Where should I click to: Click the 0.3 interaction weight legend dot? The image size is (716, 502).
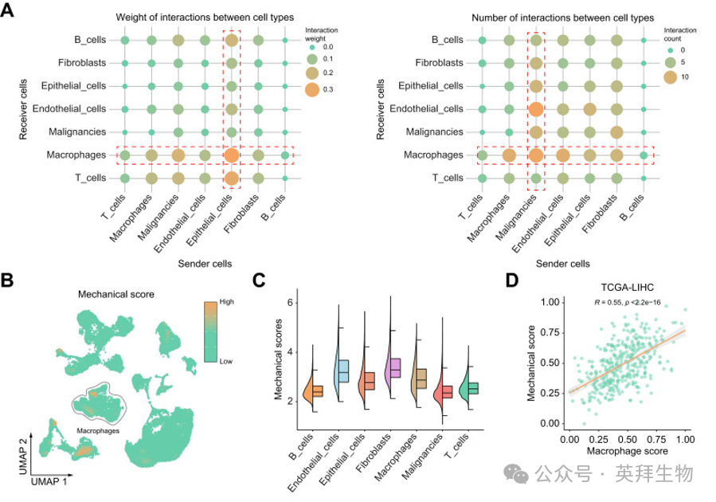coord(312,89)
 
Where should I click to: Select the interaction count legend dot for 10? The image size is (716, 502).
coord(670,77)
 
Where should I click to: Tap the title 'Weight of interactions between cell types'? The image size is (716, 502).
coord(205,18)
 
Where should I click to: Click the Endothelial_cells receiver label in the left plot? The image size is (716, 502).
coord(69,108)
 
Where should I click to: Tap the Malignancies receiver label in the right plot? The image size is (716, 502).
coord(434,132)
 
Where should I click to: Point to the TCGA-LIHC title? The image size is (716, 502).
coord(627,288)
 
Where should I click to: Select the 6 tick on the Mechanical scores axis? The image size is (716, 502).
coord(290,303)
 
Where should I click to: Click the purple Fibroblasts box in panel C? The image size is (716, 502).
coord(393,367)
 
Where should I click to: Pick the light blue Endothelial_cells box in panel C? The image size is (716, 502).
coord(342,371)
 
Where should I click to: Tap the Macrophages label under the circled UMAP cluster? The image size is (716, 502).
coord(98,431)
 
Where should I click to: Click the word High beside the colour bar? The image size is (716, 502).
coord(226,302)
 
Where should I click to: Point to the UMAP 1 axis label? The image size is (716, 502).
coord(49,481)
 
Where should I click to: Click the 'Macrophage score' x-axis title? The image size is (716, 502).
coord(627,451)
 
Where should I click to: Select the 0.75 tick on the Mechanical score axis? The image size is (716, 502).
coord(550,332)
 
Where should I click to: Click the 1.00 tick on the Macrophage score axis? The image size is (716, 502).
coord(685,439)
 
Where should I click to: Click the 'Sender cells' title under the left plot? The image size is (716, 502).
coord(205,264)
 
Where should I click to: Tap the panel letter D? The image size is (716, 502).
coord(512,280)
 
